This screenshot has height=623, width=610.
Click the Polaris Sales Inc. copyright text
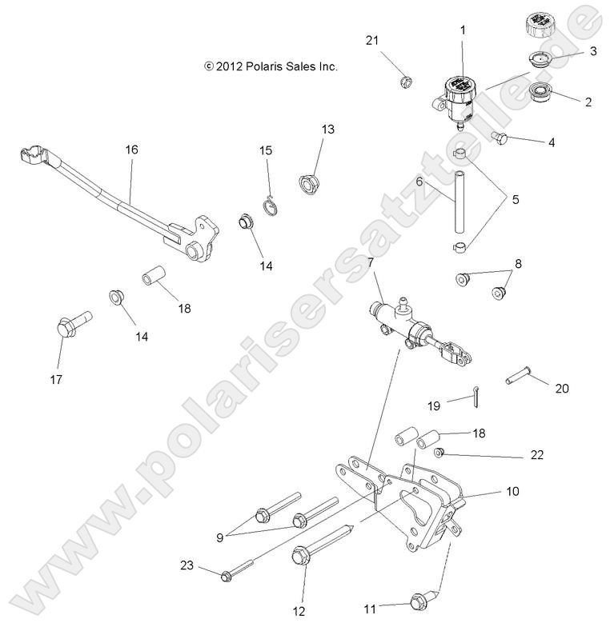point(271,67)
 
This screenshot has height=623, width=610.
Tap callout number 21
point(371,41)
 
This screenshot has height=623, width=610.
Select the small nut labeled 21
point(404,81)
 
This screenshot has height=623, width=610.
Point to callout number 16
point(132,150)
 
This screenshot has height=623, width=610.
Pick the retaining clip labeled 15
point(274,205)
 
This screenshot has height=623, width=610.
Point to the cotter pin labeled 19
point(476,394)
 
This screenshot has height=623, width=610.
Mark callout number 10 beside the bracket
point(513,491)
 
